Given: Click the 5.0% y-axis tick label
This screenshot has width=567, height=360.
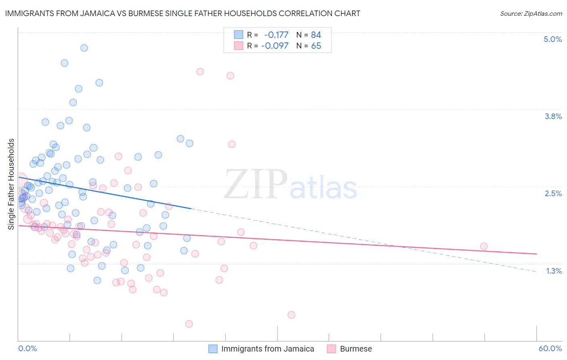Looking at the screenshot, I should click(552, 39).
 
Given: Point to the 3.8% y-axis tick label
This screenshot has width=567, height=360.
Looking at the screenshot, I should click(553, 116).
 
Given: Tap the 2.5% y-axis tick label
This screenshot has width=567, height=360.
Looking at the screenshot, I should click(553, 193).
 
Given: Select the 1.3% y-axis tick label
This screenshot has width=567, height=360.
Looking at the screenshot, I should click(554, 271).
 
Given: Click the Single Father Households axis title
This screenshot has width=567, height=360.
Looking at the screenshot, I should click(11, 184).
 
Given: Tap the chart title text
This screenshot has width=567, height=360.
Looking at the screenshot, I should click(183, 13).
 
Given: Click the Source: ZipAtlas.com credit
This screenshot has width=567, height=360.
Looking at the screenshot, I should click(531, 13).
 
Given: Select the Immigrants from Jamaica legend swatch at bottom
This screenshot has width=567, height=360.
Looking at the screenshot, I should click(213, 349).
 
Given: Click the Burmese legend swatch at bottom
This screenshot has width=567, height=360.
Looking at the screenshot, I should click(331, 349).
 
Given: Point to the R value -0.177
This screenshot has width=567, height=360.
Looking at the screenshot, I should click(276, 35).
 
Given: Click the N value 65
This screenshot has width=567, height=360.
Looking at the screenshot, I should click(316, 46).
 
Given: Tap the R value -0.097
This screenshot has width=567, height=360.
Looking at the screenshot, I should click(275, 46).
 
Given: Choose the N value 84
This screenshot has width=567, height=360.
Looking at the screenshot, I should click(316, 35).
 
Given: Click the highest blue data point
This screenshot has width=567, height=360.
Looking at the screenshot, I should click(84, 48).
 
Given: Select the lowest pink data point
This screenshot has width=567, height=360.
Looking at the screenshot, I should click(189, 324).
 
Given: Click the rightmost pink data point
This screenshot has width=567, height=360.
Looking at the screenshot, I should click(484, 246).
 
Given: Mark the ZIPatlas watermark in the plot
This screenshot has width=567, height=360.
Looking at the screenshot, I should click(290, 185).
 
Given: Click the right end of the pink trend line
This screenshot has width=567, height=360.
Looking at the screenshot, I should click(536, 254).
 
